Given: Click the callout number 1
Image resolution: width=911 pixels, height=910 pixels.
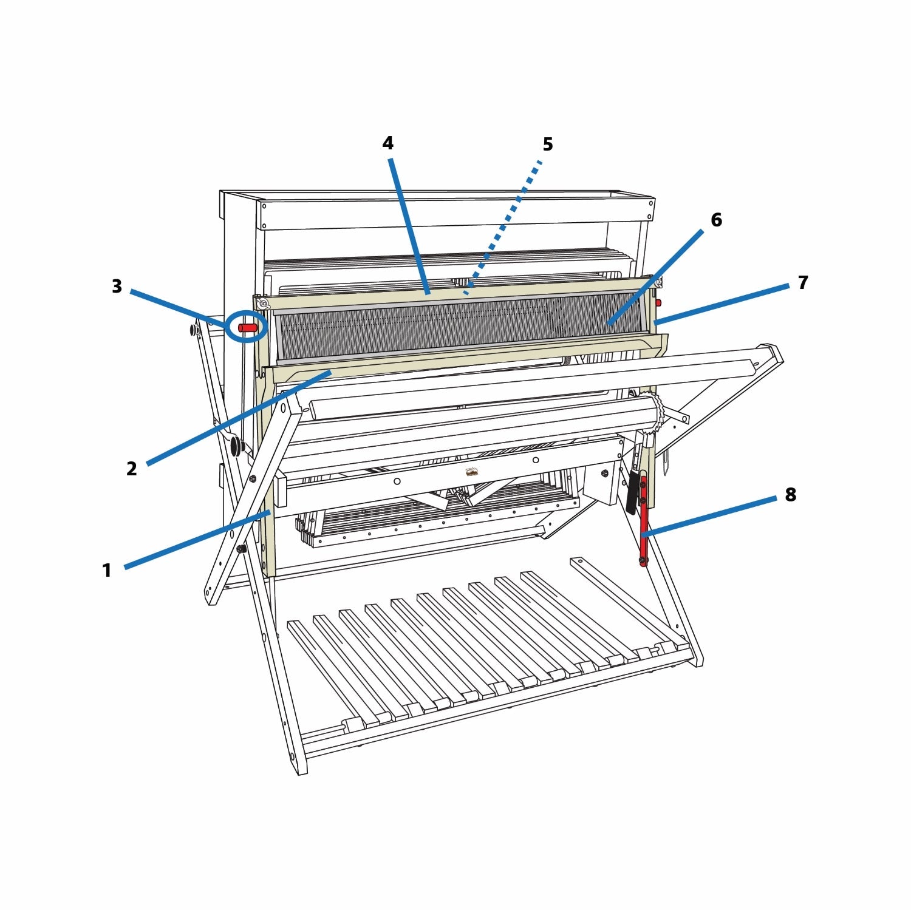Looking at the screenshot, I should (x=107, y=571).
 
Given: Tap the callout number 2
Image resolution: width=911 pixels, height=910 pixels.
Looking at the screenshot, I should (x=132, y=469).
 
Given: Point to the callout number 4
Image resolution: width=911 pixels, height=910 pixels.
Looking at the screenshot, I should (x=387, y=143).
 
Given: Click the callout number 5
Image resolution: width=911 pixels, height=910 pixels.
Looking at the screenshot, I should (x=547, y=144).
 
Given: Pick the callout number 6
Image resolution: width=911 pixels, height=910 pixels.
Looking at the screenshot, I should (x=716, y=220).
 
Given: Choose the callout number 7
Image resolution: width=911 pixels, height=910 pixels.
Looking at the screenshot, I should (x=803, y=282).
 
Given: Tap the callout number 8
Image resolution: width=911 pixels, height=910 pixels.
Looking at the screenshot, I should (x=790, y=495).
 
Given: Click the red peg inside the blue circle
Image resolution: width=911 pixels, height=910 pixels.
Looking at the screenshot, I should (x=248, y=328).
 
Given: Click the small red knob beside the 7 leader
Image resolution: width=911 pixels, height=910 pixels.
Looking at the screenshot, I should (x=658, y=302).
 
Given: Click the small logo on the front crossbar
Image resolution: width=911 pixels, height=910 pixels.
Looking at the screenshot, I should (x=471, y=472).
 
